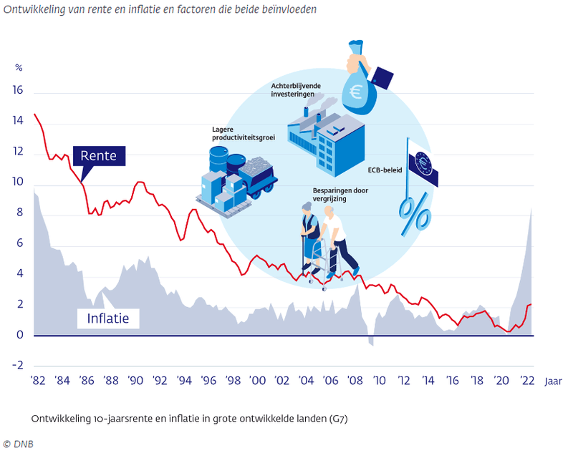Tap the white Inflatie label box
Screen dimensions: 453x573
[x=108, y=318]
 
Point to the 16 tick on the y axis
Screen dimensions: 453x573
[x=18, y=91]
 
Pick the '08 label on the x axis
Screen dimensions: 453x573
[x=355, y=381]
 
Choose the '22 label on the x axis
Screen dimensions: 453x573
[x=526, y=381]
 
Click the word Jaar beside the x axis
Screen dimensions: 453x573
[x=553, y=381]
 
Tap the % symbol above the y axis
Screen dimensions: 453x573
[x=19, y=68]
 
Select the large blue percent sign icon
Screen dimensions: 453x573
[x=415, y=214]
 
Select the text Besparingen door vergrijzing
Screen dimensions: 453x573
[x=340, y=195]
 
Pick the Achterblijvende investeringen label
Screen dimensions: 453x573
[x=296, y=90]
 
